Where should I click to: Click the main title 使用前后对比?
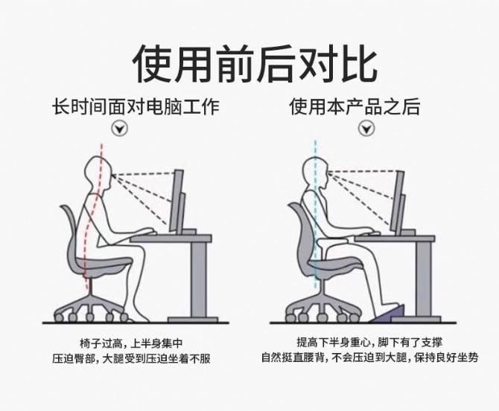click(x=255, y=63)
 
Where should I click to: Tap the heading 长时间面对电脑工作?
click(x=136, y=106)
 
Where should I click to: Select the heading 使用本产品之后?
click(x=355, y=106)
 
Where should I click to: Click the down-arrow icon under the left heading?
click(x=120, y=129)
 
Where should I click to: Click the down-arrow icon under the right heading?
click(x=366, y=129)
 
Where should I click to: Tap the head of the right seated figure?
click(x=316, y=174)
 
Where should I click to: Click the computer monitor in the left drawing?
click(x=177, y=201)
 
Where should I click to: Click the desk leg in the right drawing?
click(x=423, y=279)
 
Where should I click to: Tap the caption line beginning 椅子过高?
click(x=131, y=343)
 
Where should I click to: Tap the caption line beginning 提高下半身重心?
click(x=370, y=342)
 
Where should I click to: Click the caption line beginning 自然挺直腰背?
click(x=370, y=357)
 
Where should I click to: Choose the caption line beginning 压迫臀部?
click(x=131, y=359)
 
